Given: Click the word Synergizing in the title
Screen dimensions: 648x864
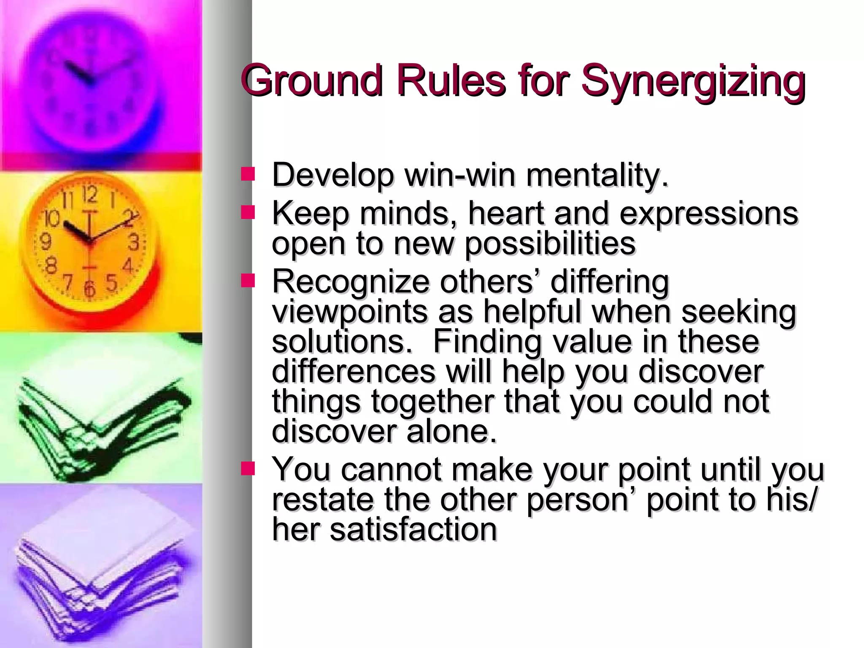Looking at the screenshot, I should pyautogui.click(x=693, y=81).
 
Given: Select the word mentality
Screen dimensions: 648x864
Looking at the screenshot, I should pyautogui.click(x=597, y=175).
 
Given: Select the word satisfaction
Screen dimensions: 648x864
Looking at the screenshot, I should pyautogui.click(x=413, y=529).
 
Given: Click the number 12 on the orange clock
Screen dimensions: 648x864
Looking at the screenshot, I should pyautogui.click(x=90, y=195).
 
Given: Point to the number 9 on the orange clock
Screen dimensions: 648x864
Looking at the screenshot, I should pyautogui.click(x=45, y=242).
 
